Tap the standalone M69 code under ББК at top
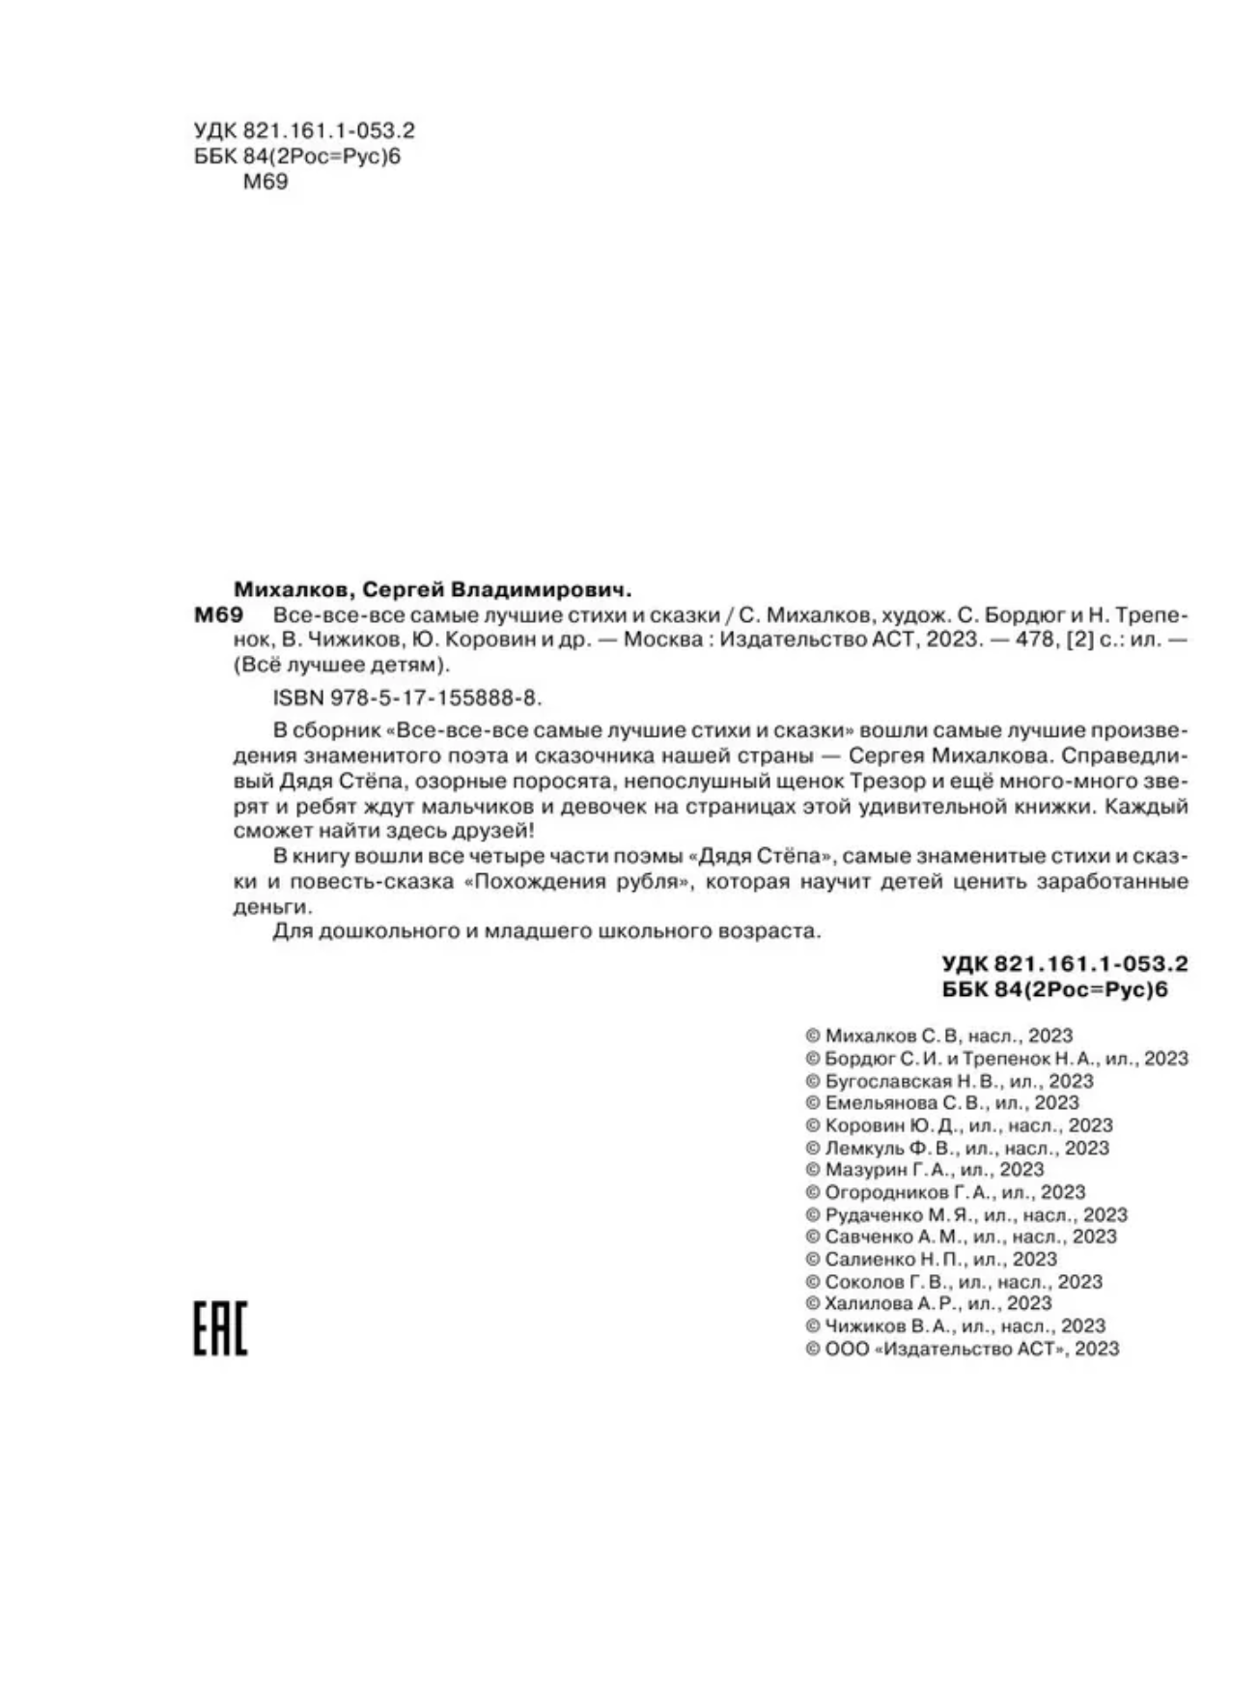tap(265, 182)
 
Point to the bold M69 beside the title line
tap(217, 615)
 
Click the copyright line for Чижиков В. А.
tap(955, 1325)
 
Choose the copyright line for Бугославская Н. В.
tap(949, 1081)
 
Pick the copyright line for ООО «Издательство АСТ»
tap(962, 1349)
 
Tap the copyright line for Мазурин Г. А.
tap(924, 1170)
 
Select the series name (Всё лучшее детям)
tap(343, 666)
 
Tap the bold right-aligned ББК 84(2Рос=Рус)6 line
tap(1054, 989)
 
